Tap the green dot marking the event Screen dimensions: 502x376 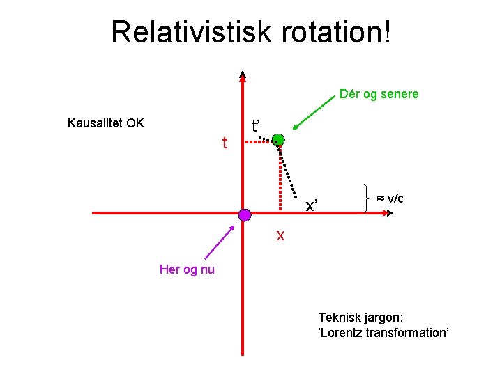coord(278,139)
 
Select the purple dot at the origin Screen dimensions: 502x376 coord(244,215)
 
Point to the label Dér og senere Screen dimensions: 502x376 coord(379,94)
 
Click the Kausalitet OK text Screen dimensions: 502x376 coord(105,123)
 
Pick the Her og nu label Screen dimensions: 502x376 coord(187,269)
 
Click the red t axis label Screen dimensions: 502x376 coord(225,143)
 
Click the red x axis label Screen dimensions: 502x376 coord(280,235)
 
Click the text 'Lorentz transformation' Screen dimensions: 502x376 coord(383,332)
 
